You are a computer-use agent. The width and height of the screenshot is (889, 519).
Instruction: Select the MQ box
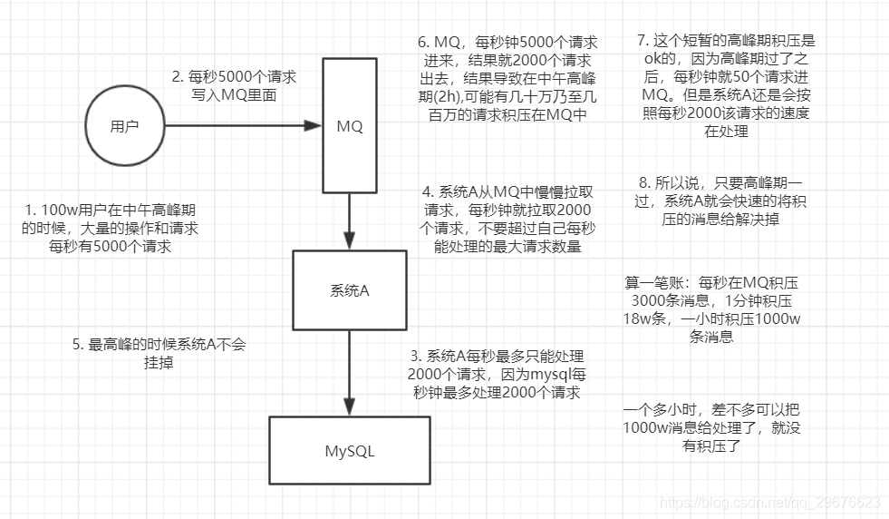(x=350, y=127)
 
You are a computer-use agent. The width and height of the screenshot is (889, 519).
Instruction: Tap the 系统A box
(x=350, y=291)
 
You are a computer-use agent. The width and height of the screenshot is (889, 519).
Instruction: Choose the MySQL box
(x=350, y=450)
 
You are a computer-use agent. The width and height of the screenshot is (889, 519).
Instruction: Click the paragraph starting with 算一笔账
(x=711, y=309)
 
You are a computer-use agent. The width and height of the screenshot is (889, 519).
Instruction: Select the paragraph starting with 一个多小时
(x=711, y=426)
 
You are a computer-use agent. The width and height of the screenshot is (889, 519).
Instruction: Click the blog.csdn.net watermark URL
(x=770, y=502)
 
